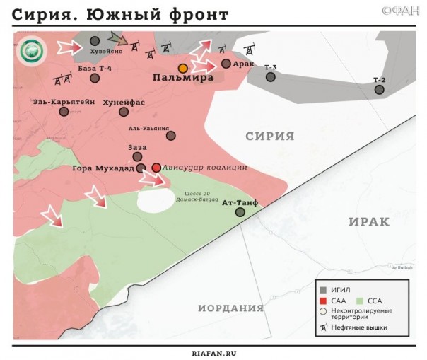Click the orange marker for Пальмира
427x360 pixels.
(182, 68)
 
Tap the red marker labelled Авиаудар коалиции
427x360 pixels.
(156, 168)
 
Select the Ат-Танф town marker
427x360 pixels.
(240, 211)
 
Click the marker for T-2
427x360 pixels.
(380, 89)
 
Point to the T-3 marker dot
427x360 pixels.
(270, 76)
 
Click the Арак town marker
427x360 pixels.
(226, 64)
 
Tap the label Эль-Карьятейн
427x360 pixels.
(64, 101)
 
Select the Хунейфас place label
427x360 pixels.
(124, 102)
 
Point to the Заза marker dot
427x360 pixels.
(137, 157)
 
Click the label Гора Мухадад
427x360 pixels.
(103, 168)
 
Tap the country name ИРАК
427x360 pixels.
(368, 222)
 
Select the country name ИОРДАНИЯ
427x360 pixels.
(230, 308)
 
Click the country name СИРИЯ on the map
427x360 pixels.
(269, 136)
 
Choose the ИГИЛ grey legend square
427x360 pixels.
(323, 289)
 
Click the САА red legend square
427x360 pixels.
(323, 300)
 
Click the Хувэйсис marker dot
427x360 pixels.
(95, 41)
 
